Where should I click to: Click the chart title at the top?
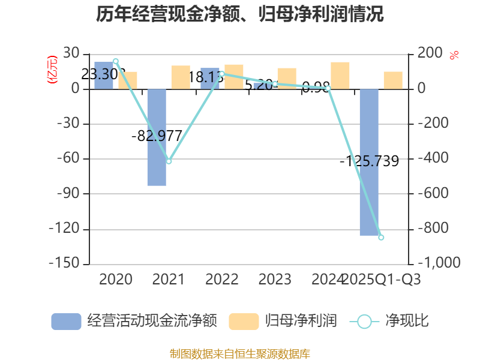pos(239,14)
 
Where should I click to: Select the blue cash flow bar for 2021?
pos(157,137)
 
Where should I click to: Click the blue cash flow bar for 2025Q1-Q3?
pos(369,162)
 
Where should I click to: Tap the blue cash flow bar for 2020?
pos(103,75)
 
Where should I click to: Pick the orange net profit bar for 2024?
pos(340,76)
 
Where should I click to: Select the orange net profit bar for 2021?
pos(181,77)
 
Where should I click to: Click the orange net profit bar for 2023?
pos(287,79)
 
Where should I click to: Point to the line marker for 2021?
pos(169,161)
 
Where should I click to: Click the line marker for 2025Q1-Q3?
pos(381,238)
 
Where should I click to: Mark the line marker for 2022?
pos(221,74)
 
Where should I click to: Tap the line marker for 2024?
pos(328,88)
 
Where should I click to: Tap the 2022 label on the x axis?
pos(221,280)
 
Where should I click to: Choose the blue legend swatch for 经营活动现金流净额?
pos(66,321)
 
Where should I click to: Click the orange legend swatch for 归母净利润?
pos(244,321)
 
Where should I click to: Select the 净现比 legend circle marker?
pos(364,322)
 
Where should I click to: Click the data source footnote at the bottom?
pos(239,353)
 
